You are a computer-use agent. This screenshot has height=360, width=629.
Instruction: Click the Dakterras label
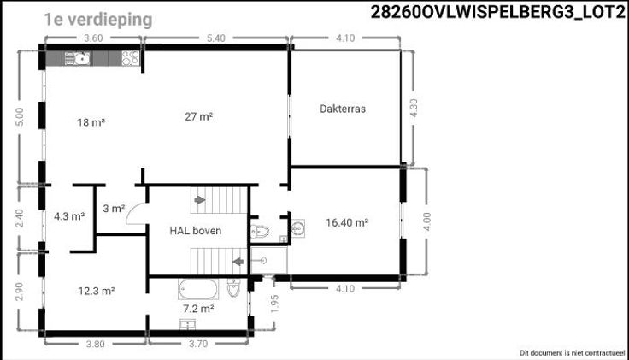[343, 109]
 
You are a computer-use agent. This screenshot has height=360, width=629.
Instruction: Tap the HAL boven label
[196, 231]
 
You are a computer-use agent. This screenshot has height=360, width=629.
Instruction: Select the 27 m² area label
[198, 117]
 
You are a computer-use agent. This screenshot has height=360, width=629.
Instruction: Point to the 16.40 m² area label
[347, 222]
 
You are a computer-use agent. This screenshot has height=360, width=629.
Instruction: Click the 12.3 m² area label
[97, 291]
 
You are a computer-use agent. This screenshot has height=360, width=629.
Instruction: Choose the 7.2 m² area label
[198, 309]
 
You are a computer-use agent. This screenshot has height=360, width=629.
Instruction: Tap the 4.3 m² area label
[69, 216]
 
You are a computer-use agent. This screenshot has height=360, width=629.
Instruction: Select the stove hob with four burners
[131, 58]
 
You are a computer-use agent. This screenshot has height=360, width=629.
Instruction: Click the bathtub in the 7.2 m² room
[198, 289]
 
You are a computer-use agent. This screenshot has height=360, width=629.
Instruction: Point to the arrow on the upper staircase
[200, 199]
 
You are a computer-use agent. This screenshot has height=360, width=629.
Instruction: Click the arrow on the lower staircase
[238, 262]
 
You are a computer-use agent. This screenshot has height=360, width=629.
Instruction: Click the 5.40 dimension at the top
[216, 38]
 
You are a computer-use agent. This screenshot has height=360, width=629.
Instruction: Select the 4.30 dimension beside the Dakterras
[414, 108]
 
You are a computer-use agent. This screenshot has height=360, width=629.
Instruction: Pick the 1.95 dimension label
[274, 304]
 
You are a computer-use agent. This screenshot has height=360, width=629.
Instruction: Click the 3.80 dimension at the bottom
[96, 344]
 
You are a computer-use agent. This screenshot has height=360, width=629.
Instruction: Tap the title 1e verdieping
[98, 20]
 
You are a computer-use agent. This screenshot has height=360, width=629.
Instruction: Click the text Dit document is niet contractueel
[573, 353]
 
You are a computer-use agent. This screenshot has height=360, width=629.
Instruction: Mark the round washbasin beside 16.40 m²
[297, 228]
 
